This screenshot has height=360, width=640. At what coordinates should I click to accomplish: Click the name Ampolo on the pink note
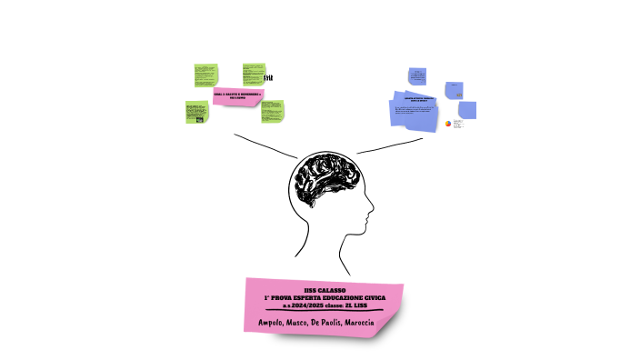[271, 324]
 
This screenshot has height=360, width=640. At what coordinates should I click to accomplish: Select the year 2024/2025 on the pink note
[308, 305]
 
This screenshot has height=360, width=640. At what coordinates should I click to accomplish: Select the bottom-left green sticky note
[195, 112]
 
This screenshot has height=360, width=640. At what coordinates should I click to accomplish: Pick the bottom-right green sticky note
[273, 111]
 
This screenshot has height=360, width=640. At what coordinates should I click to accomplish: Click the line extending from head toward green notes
[264, 145]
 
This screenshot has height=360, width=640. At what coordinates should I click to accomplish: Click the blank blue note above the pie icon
[467, 109]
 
